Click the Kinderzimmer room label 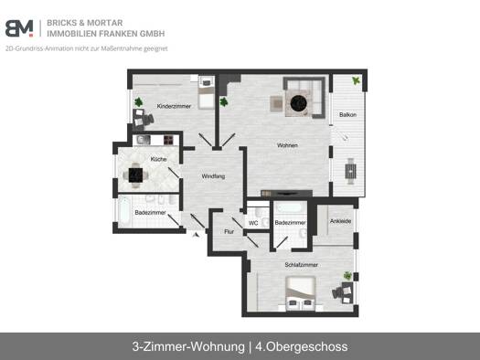(x=174, y=106)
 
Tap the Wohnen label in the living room (x=287, y=145)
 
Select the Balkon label (x=347, y=115)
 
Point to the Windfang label (x=213, y=176)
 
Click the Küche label (x=158, y=159)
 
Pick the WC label (x=253, y=223)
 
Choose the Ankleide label (x=340, y=221)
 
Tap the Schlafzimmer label (x=301, y=265)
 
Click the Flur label (x=229, y=231)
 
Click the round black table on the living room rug (x=298, y=103)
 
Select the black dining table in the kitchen (x=135, y=175)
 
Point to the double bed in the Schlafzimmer (x=300, y=293)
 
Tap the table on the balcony (x=350, y=171)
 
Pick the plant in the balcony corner (x=356, y=80)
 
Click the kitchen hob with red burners (x=168, y=140)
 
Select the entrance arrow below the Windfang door (x=196, y=234)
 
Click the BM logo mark (x=19, y=28)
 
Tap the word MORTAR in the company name (x=105, y=23)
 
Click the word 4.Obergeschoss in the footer (x=302, y=347)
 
